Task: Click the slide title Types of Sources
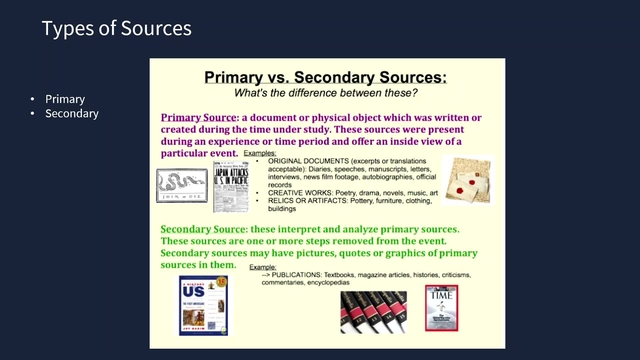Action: (x=116, y=29)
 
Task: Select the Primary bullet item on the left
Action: (x=65, y=99)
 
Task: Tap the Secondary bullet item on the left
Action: (x=72, y=114)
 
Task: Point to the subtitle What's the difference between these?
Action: (x=326, y=92)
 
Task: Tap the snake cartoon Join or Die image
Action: (x=181, y=185)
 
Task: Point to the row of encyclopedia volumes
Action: (x=373, y=311)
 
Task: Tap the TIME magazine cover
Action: (x=441, y=307)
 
